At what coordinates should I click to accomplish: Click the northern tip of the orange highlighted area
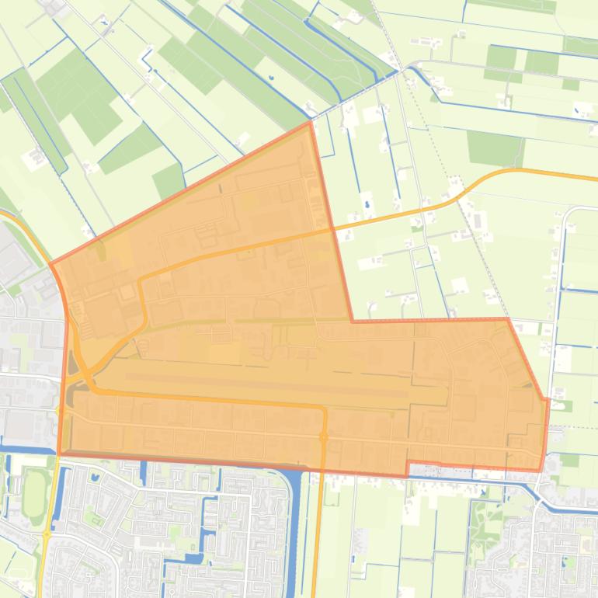pos(310,122)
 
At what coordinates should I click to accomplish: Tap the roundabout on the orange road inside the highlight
pos(324,438)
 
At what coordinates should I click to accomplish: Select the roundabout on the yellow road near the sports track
pos(47,534)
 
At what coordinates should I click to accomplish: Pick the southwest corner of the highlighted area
pos(60,453)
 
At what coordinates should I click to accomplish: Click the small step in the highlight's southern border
pos(407,468)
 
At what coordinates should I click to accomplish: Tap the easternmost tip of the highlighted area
pos(548,400)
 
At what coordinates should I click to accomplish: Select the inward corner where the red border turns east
pos(353,320)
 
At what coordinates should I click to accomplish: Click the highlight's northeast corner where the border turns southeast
pos(508,318)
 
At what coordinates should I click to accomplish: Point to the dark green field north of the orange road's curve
pos(495,148)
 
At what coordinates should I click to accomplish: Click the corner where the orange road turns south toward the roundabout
pos(323,409)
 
